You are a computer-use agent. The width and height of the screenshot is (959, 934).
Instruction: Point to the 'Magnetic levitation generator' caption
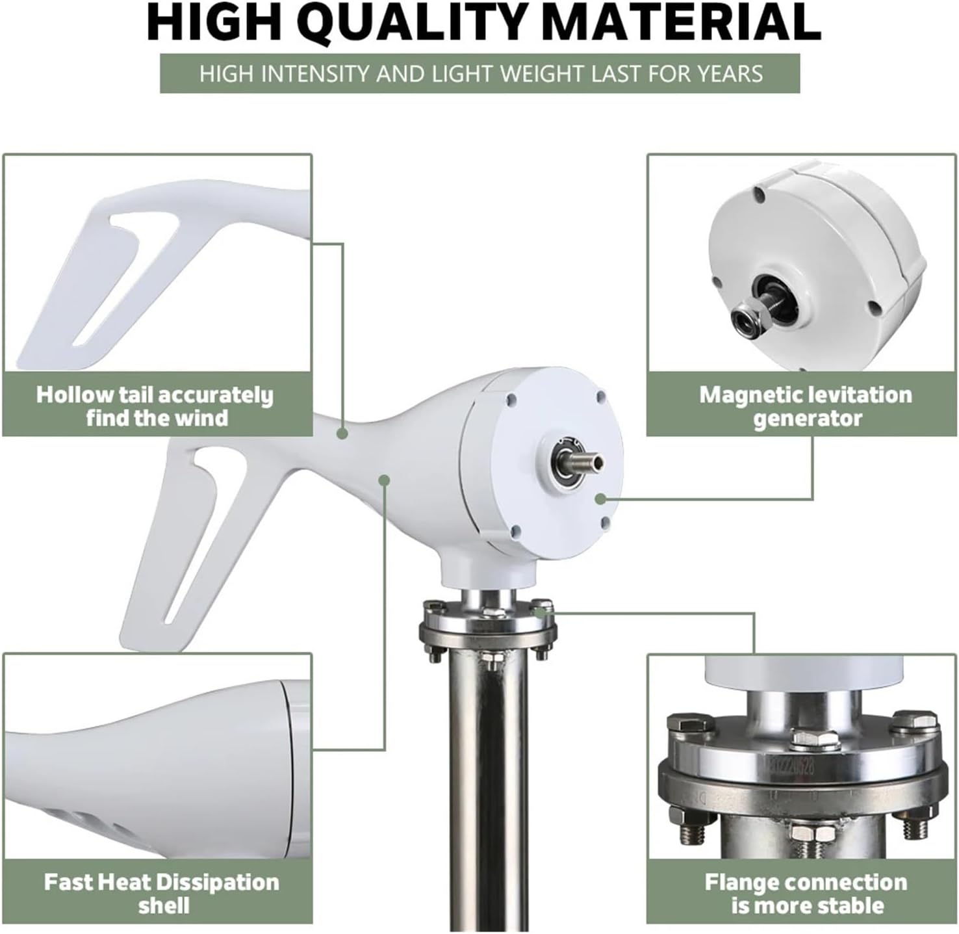click(806, 406)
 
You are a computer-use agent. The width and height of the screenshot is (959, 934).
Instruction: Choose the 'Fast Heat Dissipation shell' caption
click(161, 893)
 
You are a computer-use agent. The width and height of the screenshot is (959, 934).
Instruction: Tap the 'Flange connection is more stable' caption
click(806, 893)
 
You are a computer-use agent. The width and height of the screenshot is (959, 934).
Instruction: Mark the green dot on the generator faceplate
click(600, 499)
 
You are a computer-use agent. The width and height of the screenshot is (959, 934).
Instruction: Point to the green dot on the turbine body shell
click(384, 480)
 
